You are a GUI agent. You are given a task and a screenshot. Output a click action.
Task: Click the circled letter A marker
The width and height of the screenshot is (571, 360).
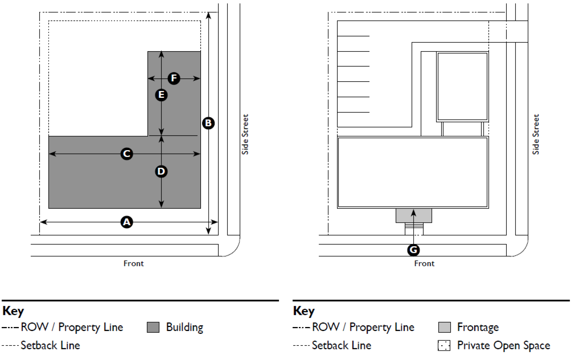pyautogui.click(x=127, y=222)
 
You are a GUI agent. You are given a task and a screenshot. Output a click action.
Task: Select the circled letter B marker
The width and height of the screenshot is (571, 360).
pyautogui.click(x=208, y=123)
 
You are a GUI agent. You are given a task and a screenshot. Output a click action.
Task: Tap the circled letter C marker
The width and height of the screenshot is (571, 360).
pyautogui.click(x=127, y=154)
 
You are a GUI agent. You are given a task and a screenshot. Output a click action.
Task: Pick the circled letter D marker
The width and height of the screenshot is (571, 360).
pyautogui.click(x=161, y=171)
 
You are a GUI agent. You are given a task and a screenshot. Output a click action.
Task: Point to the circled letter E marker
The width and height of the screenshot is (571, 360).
pyautogui.click(x=161, y=95)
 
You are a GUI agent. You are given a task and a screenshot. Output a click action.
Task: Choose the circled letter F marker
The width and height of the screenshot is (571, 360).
pyautogui.click(x=174, y=78)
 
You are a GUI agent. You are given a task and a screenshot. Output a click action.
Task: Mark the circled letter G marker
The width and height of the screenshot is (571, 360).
pyautogui.click(x=413, y=250)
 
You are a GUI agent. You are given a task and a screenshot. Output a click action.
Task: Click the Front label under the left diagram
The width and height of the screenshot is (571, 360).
pyautogui.click(x=133, y=264)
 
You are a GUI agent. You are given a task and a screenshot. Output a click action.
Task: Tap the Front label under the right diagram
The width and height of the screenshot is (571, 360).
pyautogui.click(x=424, y=264)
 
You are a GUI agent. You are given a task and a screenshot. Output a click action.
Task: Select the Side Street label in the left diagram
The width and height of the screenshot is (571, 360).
pyautogui.click(x=245, y=134)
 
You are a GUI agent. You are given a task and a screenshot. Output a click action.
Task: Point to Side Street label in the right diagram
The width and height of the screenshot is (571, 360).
pyautogui.click(x=536, y=134)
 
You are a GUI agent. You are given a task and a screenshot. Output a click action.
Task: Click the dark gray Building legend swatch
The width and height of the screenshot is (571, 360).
pyautogui.click(x=153, y=327)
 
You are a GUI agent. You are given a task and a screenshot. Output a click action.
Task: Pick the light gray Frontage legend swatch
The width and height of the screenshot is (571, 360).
pyautogui.click(x=444, y=327)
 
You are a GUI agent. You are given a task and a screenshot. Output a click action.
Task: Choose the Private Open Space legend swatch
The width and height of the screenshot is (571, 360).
pyautogui.click(x=444, y=346)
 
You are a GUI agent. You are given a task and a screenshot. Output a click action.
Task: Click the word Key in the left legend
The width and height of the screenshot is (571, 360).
pyautogui.click(x=13, y=311)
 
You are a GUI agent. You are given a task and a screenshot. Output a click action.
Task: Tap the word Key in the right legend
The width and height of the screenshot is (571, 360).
pyautogui.click(x=304, y=311)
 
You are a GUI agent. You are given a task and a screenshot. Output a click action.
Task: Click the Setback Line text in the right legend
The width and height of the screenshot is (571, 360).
pyautogui.click(x=341, y=346)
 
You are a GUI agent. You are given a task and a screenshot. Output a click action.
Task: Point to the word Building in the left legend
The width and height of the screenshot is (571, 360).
pyautogui.click(x=184, y=327)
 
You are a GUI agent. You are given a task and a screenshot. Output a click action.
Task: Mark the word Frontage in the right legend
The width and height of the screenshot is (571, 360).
pyautogui.click(x=478, y=327)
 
